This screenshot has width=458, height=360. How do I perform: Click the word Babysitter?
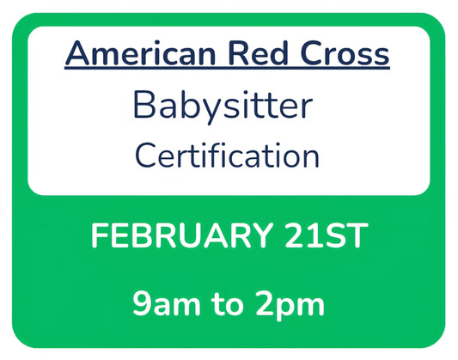[x=223, y=107]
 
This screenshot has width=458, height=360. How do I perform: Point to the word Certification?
[x=228, y=156]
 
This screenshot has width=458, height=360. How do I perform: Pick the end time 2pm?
[x=291, y=304]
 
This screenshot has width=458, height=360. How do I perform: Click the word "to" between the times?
[x=228, y=304]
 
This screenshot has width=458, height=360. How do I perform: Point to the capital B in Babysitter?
[x=144, y=106]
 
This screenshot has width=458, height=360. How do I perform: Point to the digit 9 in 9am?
[x=140, y=304]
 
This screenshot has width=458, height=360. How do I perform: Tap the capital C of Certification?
[x=145, y=156]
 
